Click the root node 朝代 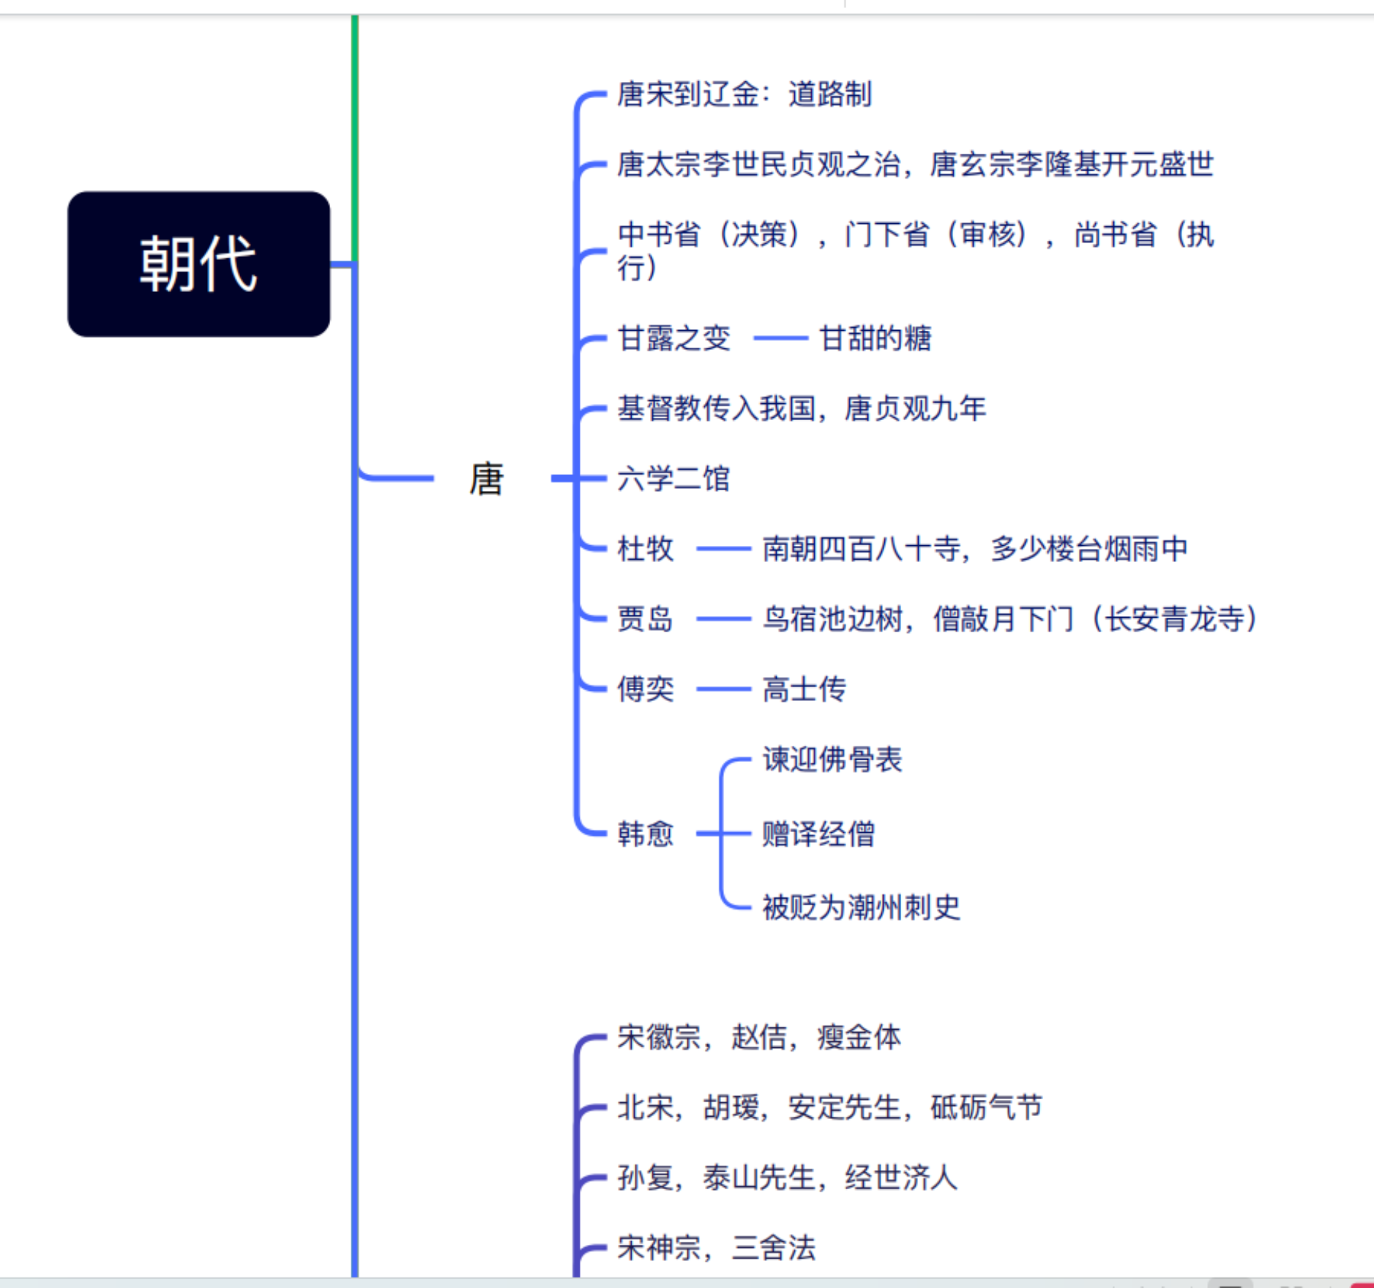(x=198, y=264)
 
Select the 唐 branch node (x=486, y=479)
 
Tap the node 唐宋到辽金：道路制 (x=744, y=94)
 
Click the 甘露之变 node (x=673, y=338)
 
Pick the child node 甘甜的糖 (x=875, y=338)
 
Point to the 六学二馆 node (x=673, y=479)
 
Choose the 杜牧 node (x=645, y=549)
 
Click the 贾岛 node (x=645, y=619)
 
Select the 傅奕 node (x=645, y=689)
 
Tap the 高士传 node (x=804, y=689)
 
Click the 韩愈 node (x=645, y=834)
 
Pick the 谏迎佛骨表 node (x=832, y=760)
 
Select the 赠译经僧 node (x=818, y=834)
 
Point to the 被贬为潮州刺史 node (x=861, y=907)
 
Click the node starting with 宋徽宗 (x=758, y=1037)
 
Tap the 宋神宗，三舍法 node (x=716, y=1248)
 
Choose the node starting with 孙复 (x=787, y=1177)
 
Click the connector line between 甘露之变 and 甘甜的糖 (x=780, y=338)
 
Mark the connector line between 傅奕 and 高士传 (x=723, y=689)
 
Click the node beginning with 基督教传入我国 (x=802, y=408)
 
